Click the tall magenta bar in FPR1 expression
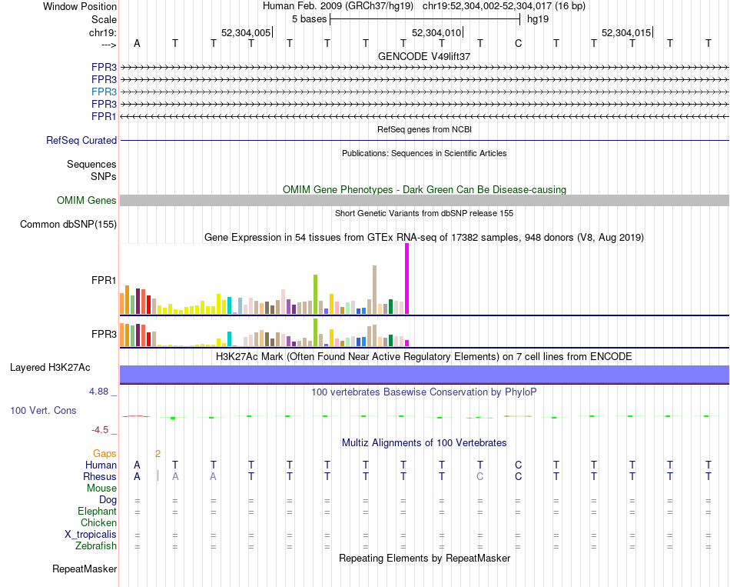(407, 278)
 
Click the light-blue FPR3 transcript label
(104, 92)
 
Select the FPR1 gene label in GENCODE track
(104, 117)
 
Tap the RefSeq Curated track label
(81, 140)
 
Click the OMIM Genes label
(87, 201)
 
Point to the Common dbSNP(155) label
(68, 225)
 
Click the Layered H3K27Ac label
(50, 368)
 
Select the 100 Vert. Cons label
(43, 410)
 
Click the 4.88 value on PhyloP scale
(98, 392)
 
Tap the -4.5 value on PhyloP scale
(100, 430)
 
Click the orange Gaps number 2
(158, 454)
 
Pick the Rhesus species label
(100, 476)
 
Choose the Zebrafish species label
(96, 546)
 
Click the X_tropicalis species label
(91, 535)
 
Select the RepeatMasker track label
(85, 569)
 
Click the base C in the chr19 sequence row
(518, 43)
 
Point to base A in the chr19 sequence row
(137, 43)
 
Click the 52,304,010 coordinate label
(436, 32)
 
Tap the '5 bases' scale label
(310, 19)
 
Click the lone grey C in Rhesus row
(480, 476)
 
